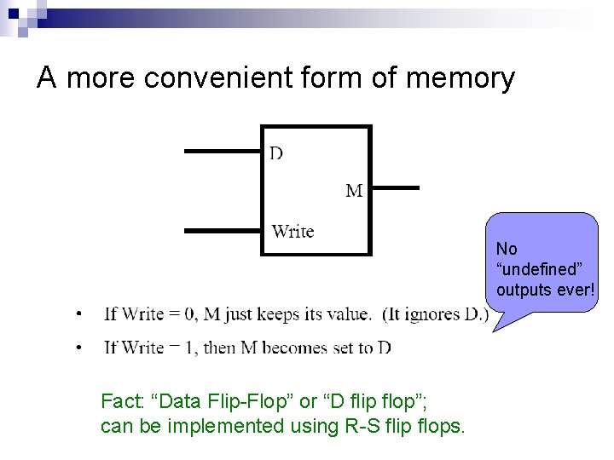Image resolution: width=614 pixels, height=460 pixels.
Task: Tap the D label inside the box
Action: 277,153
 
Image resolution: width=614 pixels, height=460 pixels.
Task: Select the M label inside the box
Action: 354,191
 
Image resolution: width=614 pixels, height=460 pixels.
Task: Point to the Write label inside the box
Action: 293,231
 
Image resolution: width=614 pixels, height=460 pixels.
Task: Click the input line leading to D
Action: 223,152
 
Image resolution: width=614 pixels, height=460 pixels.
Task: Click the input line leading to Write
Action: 223,230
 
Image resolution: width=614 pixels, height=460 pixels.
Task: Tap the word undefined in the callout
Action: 538,269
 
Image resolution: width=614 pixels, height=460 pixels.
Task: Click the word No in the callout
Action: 507,249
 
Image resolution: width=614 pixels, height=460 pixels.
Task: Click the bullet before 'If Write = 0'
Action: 79,314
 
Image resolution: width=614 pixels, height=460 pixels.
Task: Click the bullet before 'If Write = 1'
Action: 79,348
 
